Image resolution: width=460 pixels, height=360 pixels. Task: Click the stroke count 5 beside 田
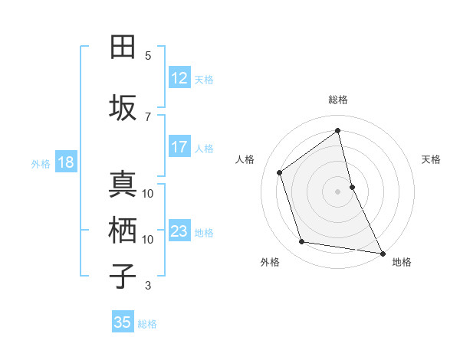[148, 56]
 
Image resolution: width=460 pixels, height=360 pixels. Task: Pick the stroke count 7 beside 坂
[148, 116]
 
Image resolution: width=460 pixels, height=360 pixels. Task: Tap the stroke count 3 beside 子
[148, 286]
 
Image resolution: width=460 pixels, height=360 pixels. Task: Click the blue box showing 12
[179, 78]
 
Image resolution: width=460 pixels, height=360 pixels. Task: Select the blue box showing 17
[179, 147]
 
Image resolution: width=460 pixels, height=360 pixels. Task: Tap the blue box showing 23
[179, 231]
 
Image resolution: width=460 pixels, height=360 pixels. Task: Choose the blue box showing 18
[65, 162]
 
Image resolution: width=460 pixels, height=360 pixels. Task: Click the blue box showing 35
[123, 322]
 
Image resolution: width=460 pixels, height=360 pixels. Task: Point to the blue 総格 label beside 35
[147, 324]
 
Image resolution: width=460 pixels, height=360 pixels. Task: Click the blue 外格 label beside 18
[41, 163]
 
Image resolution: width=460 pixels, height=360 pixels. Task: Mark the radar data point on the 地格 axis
[382, 252]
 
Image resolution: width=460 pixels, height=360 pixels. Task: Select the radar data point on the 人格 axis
[280, 172]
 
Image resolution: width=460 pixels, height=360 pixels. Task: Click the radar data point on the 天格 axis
[352, 186]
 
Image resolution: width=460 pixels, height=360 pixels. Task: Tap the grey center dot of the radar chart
[337, 191]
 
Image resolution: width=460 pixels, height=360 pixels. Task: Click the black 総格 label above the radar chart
[338, 100]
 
